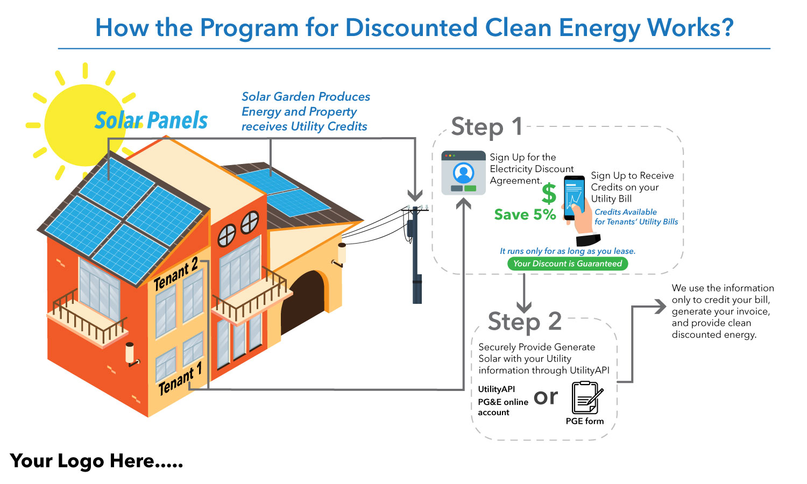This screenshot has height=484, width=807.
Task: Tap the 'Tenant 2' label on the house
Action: [176, 274]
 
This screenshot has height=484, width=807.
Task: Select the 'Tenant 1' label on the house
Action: [180, 379]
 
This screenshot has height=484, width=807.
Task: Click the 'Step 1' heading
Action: [487, 127]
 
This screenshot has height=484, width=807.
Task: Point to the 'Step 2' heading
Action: [525, 322]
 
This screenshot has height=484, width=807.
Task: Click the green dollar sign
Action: [549, 194]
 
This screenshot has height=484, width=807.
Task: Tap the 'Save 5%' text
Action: [525, 215]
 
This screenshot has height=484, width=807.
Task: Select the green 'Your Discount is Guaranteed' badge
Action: [568, 264]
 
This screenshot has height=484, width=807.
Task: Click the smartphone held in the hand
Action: [574, 197]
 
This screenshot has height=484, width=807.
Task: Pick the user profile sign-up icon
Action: [463, 173]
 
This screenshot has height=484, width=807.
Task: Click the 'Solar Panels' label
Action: [151, 120]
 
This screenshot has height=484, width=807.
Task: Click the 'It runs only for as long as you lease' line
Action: [568, 251]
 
